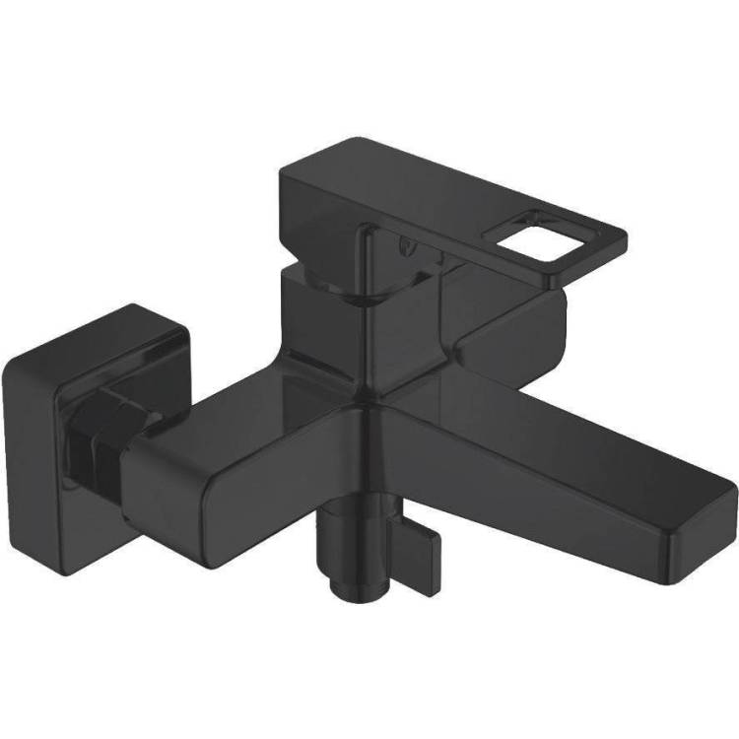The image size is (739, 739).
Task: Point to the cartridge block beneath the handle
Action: (x=315, y=305)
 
